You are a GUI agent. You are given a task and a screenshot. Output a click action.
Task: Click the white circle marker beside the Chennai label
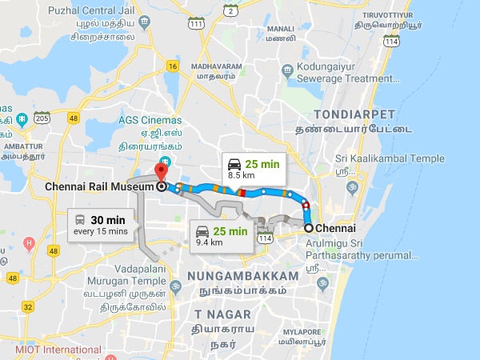309,228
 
